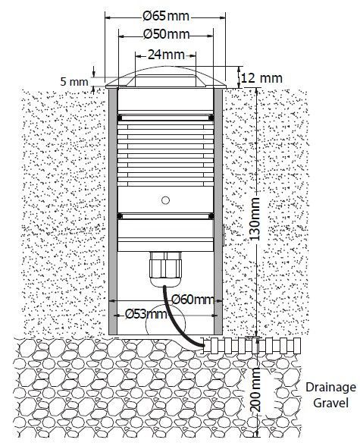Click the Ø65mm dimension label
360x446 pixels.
[166, 16]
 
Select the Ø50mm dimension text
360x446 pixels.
[166, 34]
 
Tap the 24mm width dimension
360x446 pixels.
[166, 55]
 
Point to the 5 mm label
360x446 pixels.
[74, 82]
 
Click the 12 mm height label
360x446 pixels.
[262, 78]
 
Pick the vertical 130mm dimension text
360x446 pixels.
[254, 218]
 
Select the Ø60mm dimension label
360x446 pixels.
[193, 300]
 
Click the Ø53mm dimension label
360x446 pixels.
[146, 314]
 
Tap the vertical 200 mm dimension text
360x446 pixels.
[255, 389]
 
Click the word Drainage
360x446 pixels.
[330, 388]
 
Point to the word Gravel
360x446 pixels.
[330, 403]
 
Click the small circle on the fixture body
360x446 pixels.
[165, 200]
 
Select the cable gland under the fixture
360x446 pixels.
[165, 269]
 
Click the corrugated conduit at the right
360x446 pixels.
[252, 346]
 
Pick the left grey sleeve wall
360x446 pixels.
[113, 212]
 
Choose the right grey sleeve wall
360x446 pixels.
[218, 212]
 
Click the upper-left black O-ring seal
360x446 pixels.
[120, 118]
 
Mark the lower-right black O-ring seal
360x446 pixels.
[211, 216]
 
